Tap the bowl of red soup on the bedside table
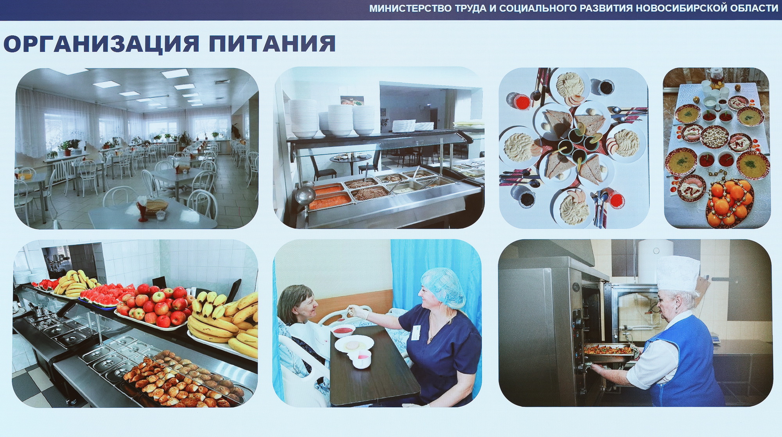point(343,331)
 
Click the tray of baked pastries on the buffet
point(182,378)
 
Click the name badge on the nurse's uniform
point(416,332)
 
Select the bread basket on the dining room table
point(156,206)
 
